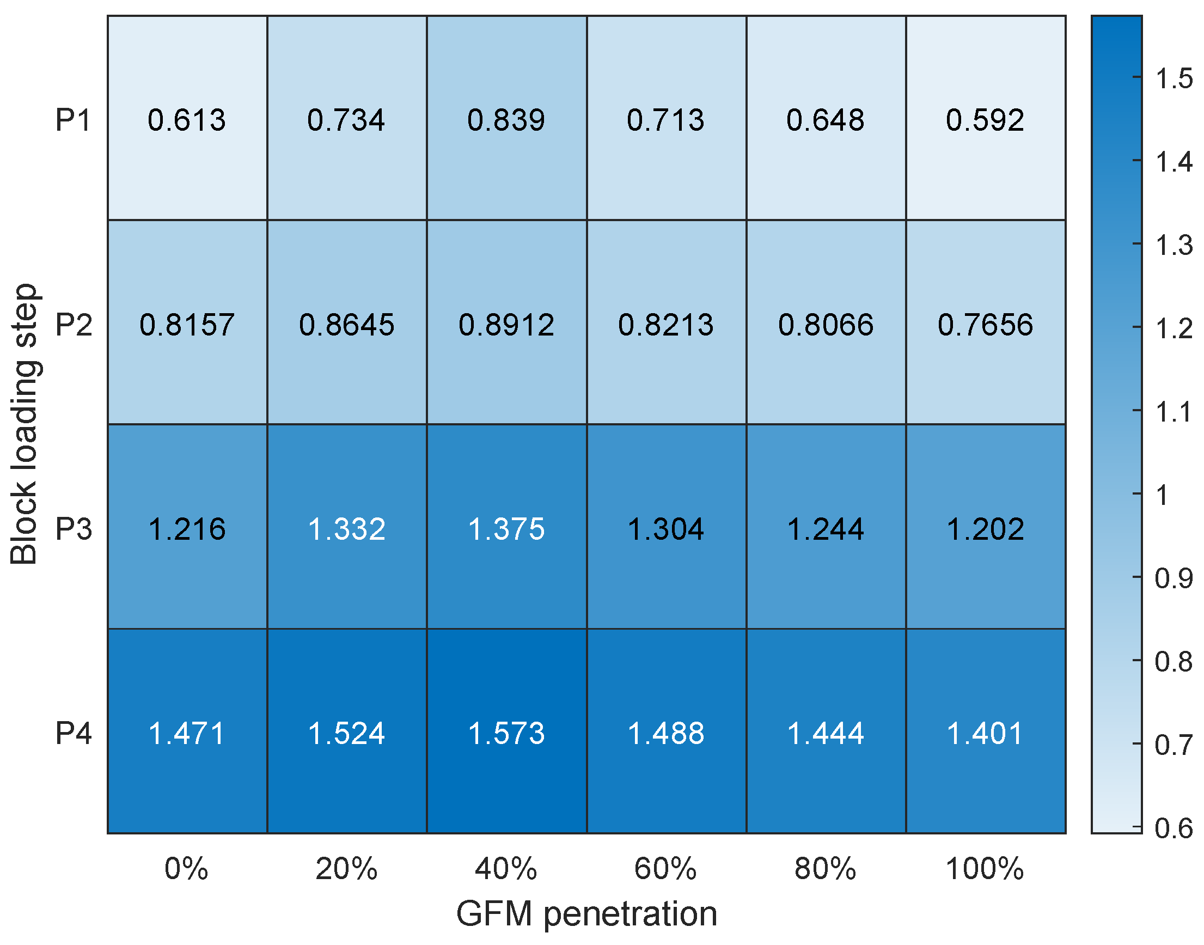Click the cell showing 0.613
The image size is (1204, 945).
[x=187, y=120]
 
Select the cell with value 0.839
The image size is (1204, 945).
[x=506, y=120]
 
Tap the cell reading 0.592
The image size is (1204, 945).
[x=985, y=120]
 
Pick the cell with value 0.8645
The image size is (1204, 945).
[x=347, y=325]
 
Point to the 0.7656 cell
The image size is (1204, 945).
[x=985, y=325]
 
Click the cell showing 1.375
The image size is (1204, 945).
[x=506, y=529]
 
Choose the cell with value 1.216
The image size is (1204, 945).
[x=187, y=529]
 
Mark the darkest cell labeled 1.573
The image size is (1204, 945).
[x=506, y=734]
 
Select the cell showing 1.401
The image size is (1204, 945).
[x=985, y=734]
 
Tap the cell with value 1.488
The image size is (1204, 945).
[x=666, y=734]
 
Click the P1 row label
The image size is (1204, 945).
[x=73, y=120]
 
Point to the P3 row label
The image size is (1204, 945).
[x=73, y=529]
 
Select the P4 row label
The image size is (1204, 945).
[x=73, y=734]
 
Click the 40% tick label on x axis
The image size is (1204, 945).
[x=506, y=869]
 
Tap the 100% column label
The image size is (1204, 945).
[x=985, y=869]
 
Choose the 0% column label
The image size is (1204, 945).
[x=186, y=869]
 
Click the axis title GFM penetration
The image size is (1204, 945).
[x=586, y=914]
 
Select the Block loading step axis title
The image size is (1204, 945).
[x=25, y=424]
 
